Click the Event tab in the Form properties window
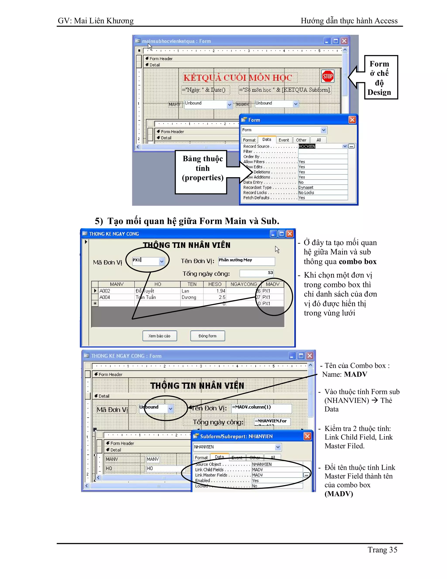point(284,140)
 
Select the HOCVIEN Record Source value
point(307,146)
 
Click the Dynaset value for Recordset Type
point(306,187)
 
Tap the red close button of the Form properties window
point(352,120)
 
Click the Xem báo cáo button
point(159,336)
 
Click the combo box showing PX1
point(148,261)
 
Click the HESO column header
point(215,284)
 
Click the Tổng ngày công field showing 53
point(256,273)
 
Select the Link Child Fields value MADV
point(257,470)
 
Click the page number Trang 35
point(382,550)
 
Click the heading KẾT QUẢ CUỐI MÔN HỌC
point(237,78)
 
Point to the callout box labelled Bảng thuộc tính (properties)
point(203,168)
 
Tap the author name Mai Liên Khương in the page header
point(103,21)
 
